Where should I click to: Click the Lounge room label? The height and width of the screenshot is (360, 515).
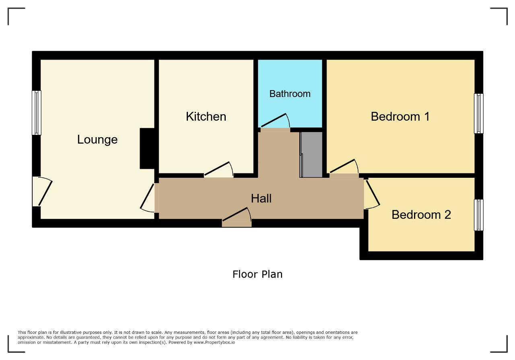[97, 140]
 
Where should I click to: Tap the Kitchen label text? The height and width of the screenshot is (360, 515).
[206, 117]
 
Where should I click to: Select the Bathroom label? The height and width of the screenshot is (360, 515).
[290, 94]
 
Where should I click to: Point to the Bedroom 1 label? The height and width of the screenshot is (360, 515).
[400, 117]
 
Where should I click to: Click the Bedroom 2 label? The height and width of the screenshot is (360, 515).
[421, 215]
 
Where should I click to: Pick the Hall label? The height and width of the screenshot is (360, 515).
[261, 198]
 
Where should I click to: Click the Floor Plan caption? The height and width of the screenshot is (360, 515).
[257, 274]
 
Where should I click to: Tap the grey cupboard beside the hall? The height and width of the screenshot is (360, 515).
[311, 154]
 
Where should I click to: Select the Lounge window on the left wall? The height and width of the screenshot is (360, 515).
[37, 113]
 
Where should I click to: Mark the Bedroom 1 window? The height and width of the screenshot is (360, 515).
[479, 113]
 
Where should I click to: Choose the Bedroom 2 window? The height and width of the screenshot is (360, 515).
[479, 215]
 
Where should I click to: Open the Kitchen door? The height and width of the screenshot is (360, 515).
[218, 170]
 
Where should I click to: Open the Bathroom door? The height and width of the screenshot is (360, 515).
[275, 121]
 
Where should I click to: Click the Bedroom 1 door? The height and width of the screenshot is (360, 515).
[344, 166]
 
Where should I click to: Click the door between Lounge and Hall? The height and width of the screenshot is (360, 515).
[147, 198]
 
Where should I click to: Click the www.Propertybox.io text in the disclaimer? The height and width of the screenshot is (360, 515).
[214, 342]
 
